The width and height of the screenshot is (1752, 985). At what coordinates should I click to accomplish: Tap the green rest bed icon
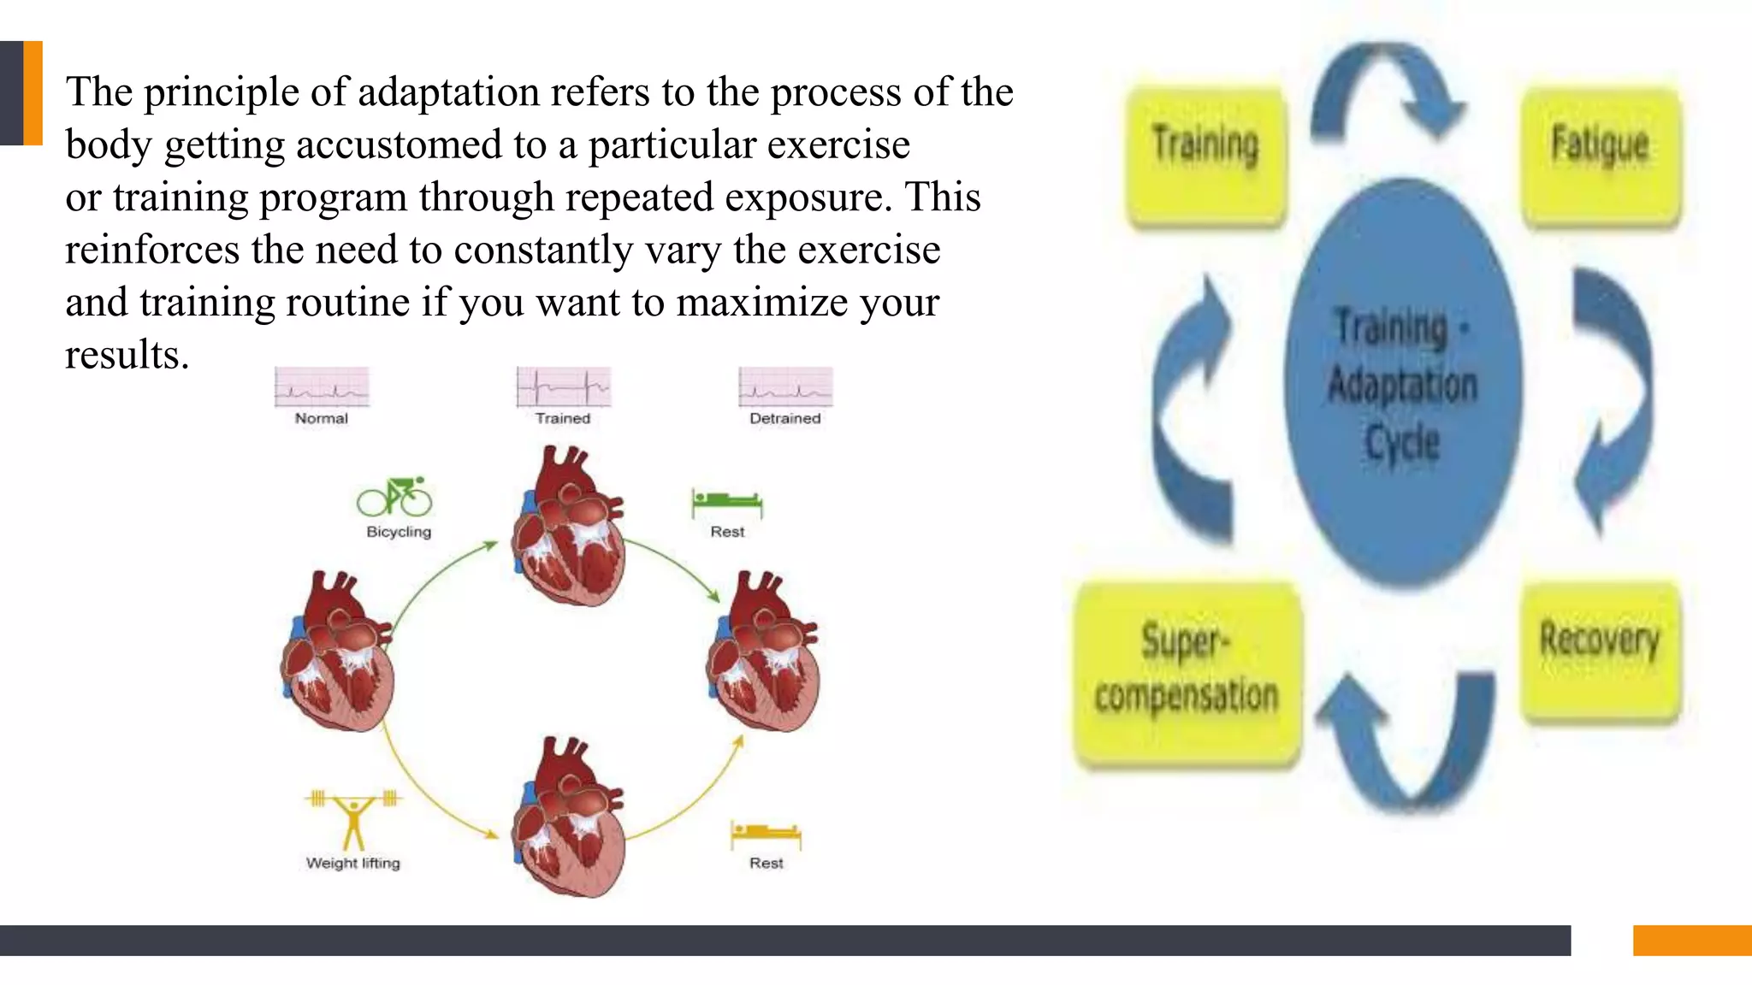[727, 503]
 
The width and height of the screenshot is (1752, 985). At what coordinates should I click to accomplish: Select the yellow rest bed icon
[766, 834]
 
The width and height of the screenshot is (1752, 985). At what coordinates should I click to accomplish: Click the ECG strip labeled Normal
[322, 387]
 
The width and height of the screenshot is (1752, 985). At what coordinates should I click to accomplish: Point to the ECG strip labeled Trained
[564, 387]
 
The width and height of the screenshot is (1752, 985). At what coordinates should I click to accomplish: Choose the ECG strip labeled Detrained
[785, 387]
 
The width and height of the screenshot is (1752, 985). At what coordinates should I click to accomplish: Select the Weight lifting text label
[353, 863]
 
